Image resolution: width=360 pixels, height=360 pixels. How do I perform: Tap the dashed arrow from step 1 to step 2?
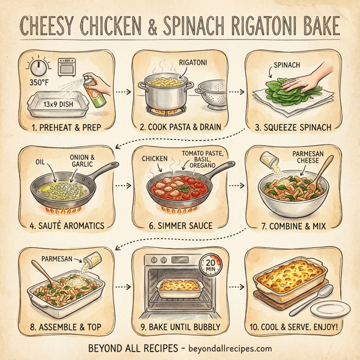coord(122,92)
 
